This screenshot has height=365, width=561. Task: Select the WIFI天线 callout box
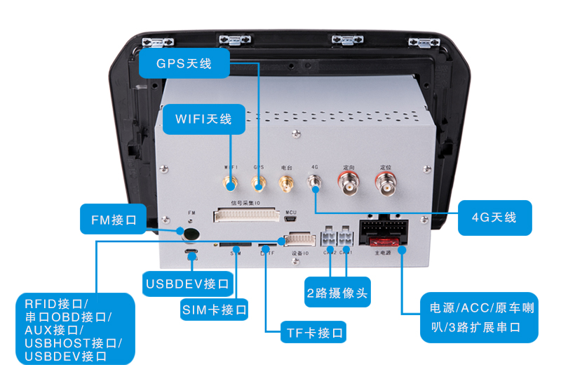click(203, 119)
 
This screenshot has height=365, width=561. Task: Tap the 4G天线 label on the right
click(494, 217)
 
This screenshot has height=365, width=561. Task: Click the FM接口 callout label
click(113, 219)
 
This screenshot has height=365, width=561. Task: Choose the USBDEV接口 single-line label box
click(187, 284)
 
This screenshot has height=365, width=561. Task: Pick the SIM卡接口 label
click(215, 309)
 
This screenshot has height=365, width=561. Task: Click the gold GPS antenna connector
click(258, 185)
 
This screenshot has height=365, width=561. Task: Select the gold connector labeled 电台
click(286, 185)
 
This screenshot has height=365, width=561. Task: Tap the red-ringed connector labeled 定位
click(385, 185)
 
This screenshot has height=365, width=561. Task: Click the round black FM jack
click(190, 234)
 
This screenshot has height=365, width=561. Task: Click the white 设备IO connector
click(300, 240)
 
